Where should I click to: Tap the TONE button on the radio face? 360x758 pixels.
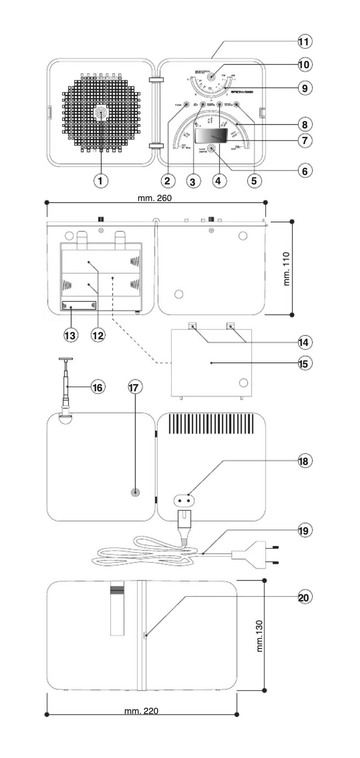coord(186,105)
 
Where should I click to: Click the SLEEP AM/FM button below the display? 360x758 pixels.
coord(211,149)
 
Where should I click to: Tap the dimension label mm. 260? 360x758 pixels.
coord(154,198)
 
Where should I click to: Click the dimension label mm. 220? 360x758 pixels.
coord(141,711)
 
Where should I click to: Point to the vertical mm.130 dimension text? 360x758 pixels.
coord(260,635)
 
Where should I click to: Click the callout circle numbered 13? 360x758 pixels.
coord(70,335)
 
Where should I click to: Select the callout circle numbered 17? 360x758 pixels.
coord(135,387)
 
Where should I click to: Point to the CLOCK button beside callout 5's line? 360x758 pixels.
coord(236,105)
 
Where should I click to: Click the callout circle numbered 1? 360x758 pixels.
coord(101,181)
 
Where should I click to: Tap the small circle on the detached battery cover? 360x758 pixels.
coord(243,383)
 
